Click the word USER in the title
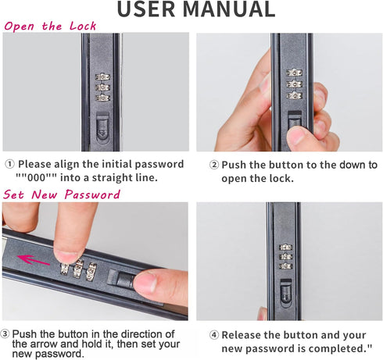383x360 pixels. [146, 9]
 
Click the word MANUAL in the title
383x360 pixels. [229, 9]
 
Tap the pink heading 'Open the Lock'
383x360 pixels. [50, 27]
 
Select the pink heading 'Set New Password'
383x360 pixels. [62, 194]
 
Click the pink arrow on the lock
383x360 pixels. [34, 260]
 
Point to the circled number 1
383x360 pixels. [10, 164]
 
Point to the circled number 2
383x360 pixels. [214, 165]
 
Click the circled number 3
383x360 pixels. [5, 334]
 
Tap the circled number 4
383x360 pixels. [214, 335]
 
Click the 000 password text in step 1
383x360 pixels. [37, 178]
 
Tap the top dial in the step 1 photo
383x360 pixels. [102, 77]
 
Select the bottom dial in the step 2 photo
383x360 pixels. [294, 95]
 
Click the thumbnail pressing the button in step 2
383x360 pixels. [295, 136]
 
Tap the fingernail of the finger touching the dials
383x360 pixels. [66, 258]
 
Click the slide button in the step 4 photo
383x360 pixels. [285, 293]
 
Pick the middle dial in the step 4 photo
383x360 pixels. [286, 257]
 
